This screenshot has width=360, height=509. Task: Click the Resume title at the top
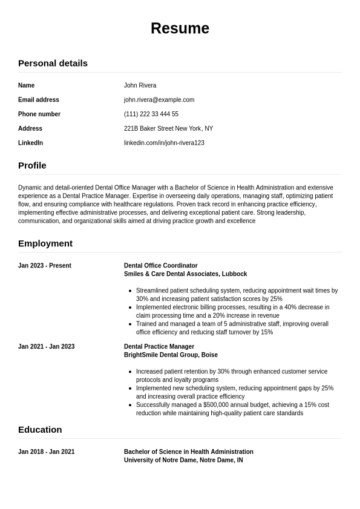pos(180,28)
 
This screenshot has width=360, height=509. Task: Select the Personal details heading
pos(53,63)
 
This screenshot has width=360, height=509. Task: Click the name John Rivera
pos(140,85)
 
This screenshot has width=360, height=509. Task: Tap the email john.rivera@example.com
pos(159,100)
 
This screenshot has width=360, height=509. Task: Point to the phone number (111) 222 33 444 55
pos(151,114)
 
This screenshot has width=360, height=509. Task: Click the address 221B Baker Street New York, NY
pos(168,128)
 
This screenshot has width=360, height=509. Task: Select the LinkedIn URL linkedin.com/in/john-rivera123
pos(164,143)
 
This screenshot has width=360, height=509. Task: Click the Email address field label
pos(39,100)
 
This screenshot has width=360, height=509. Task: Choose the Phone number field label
pos(39,114)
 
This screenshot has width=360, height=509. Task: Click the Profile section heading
pos(32,165)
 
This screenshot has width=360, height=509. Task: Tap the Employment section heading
pos(45,243)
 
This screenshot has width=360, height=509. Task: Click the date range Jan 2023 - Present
pos(45,266)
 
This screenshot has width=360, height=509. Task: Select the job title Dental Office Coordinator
pos(161,266)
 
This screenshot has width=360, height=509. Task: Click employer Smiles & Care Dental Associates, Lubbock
pos(185,274)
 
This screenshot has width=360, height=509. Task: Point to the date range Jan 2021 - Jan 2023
pos(46,347)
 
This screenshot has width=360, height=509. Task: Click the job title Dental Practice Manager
pos(159,347)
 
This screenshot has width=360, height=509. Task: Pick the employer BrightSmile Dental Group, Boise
pos(171,355)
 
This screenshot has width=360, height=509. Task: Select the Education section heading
pos(40,430)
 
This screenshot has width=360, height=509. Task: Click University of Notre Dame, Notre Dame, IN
pos(183,460)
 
